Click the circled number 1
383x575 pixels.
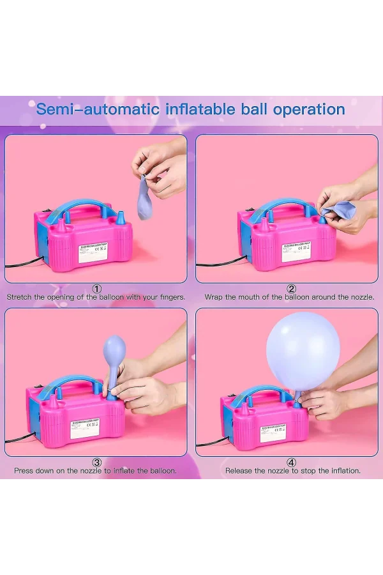pyautogui.click(x=97, y=289)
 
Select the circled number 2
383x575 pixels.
pyautogui.click(x=291, y=289)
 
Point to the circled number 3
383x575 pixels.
pyautogui.click(x=97, y=463)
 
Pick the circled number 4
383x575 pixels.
pyautogui.click(x=291, y=463)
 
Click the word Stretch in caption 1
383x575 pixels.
pyautogui.click(x=21, y=297)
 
